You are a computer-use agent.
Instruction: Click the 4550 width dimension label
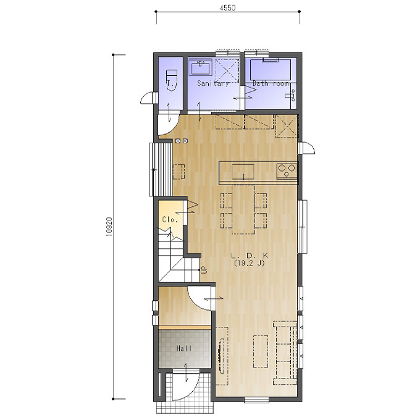coord(228,8)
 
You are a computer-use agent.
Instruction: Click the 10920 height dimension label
coord(109,226)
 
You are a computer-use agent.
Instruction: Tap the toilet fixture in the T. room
coord(172,80)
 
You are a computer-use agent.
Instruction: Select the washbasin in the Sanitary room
coord(201,67)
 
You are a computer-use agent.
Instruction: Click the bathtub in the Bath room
coord(271,70)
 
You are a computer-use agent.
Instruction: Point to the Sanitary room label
coord(213,83)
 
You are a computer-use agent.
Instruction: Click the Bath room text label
coord(271,83)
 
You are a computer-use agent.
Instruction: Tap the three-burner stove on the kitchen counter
coord(287,170)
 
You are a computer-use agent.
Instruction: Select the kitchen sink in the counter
coord(243,172)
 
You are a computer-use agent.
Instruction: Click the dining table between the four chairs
coord(243,209)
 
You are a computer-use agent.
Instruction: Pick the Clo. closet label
coord(170,220)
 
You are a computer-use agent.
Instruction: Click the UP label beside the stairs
coord(204,269)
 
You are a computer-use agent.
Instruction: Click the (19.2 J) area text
coord(250,263)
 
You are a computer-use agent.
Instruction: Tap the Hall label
coord(184,348)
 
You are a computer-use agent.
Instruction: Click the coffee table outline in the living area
coord(261,351)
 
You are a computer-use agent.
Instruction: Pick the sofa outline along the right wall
coord(285,353)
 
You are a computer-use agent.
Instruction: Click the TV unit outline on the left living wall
coord(222,356)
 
